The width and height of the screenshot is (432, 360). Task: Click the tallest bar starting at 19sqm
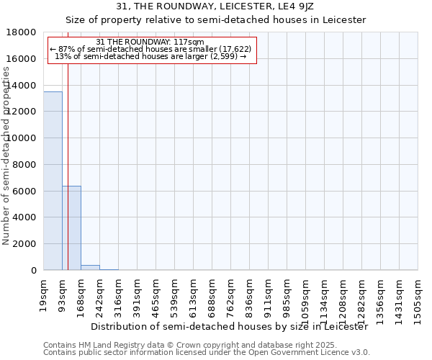pyautogui.click(x=53, y=180)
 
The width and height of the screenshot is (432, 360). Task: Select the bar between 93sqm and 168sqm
pyautogui.click(x=71, y=228)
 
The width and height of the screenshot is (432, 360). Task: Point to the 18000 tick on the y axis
pyautogui.click(x=22, y=32)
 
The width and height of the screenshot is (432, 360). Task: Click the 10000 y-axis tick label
pyautogui.click(x=22, y=138)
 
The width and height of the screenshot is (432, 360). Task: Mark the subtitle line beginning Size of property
pyautogui.click(x=216, y=19)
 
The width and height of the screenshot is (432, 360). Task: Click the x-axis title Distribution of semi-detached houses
pyautogui.click(x=230, y=326)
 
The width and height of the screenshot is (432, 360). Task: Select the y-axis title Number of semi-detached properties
pyautogui.click(x=6, y=173)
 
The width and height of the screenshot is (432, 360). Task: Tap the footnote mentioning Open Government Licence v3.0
pyautogui.click(x=207, y=353)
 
